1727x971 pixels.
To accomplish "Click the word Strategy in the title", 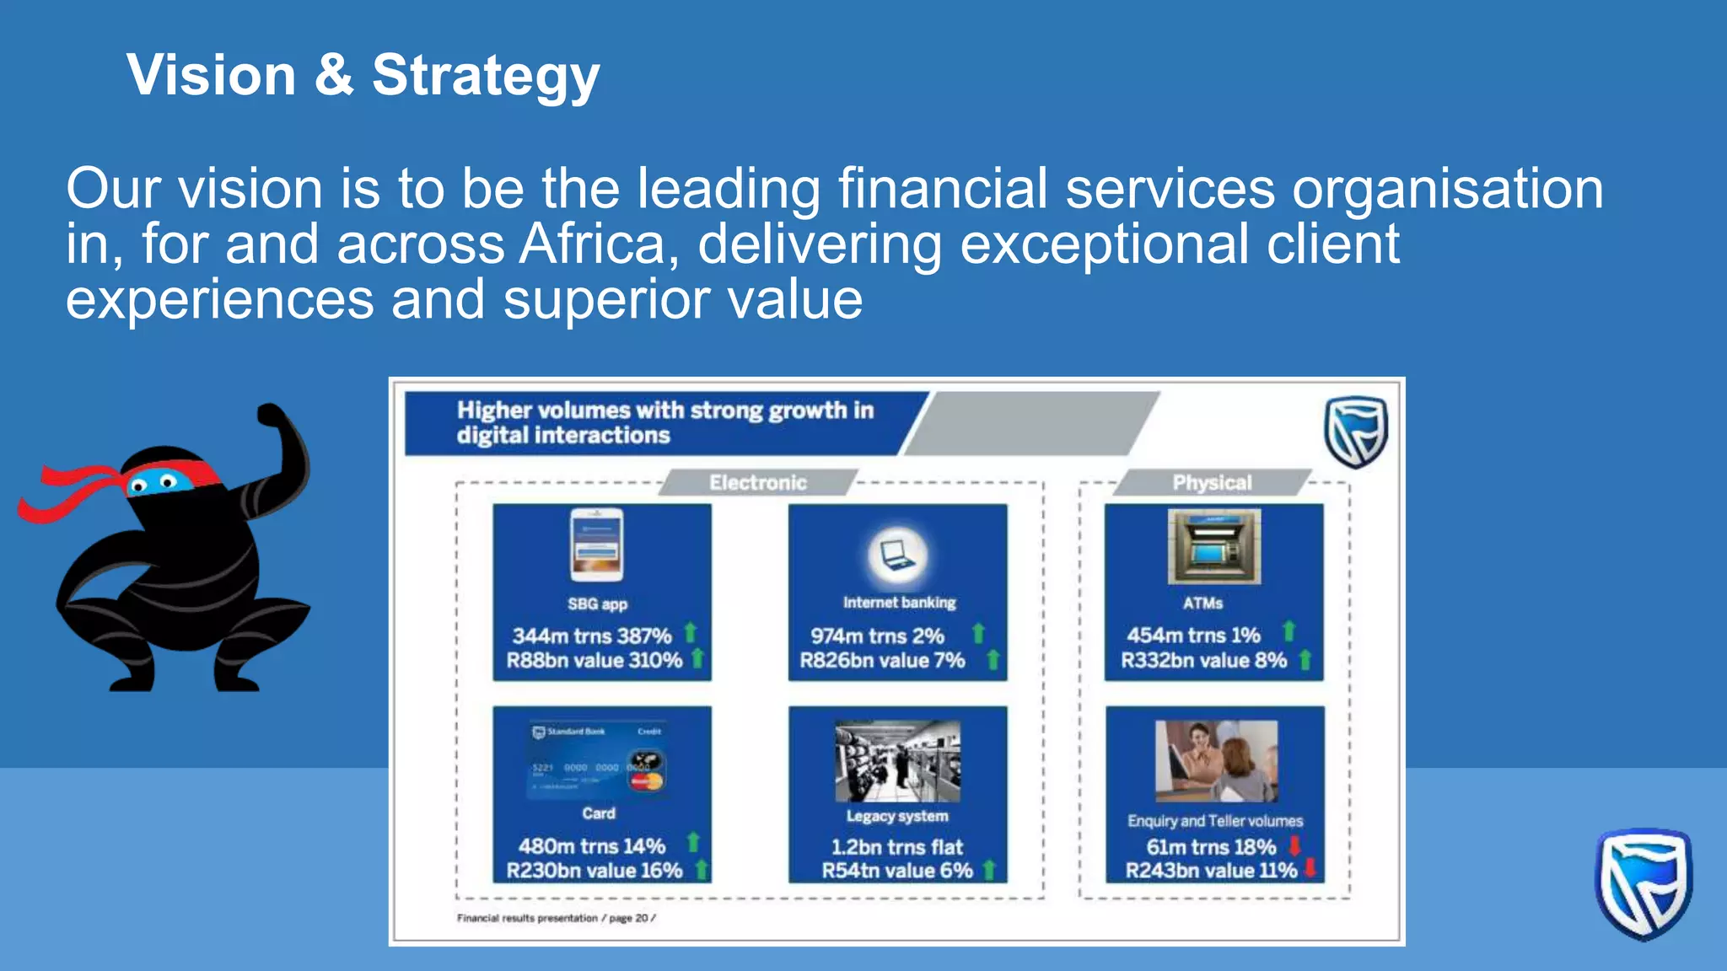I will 486,76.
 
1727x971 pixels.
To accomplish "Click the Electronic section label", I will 757,483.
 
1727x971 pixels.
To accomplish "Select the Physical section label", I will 1212,483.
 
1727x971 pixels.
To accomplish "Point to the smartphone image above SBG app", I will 597,545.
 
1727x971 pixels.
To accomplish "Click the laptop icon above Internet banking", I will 897,555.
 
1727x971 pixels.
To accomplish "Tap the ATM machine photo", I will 1213,546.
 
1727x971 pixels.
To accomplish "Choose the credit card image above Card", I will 597,760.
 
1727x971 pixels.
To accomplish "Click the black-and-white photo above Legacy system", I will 897,761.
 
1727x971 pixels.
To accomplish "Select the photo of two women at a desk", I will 1216,761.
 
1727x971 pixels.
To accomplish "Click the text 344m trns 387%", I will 592,636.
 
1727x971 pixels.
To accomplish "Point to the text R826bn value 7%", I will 882,661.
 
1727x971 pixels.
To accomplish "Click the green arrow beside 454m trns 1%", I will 1289,631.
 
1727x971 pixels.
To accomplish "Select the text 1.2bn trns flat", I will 897,847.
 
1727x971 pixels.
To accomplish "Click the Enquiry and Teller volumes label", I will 1215,821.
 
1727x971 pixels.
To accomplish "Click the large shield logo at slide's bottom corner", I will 1643,883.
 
